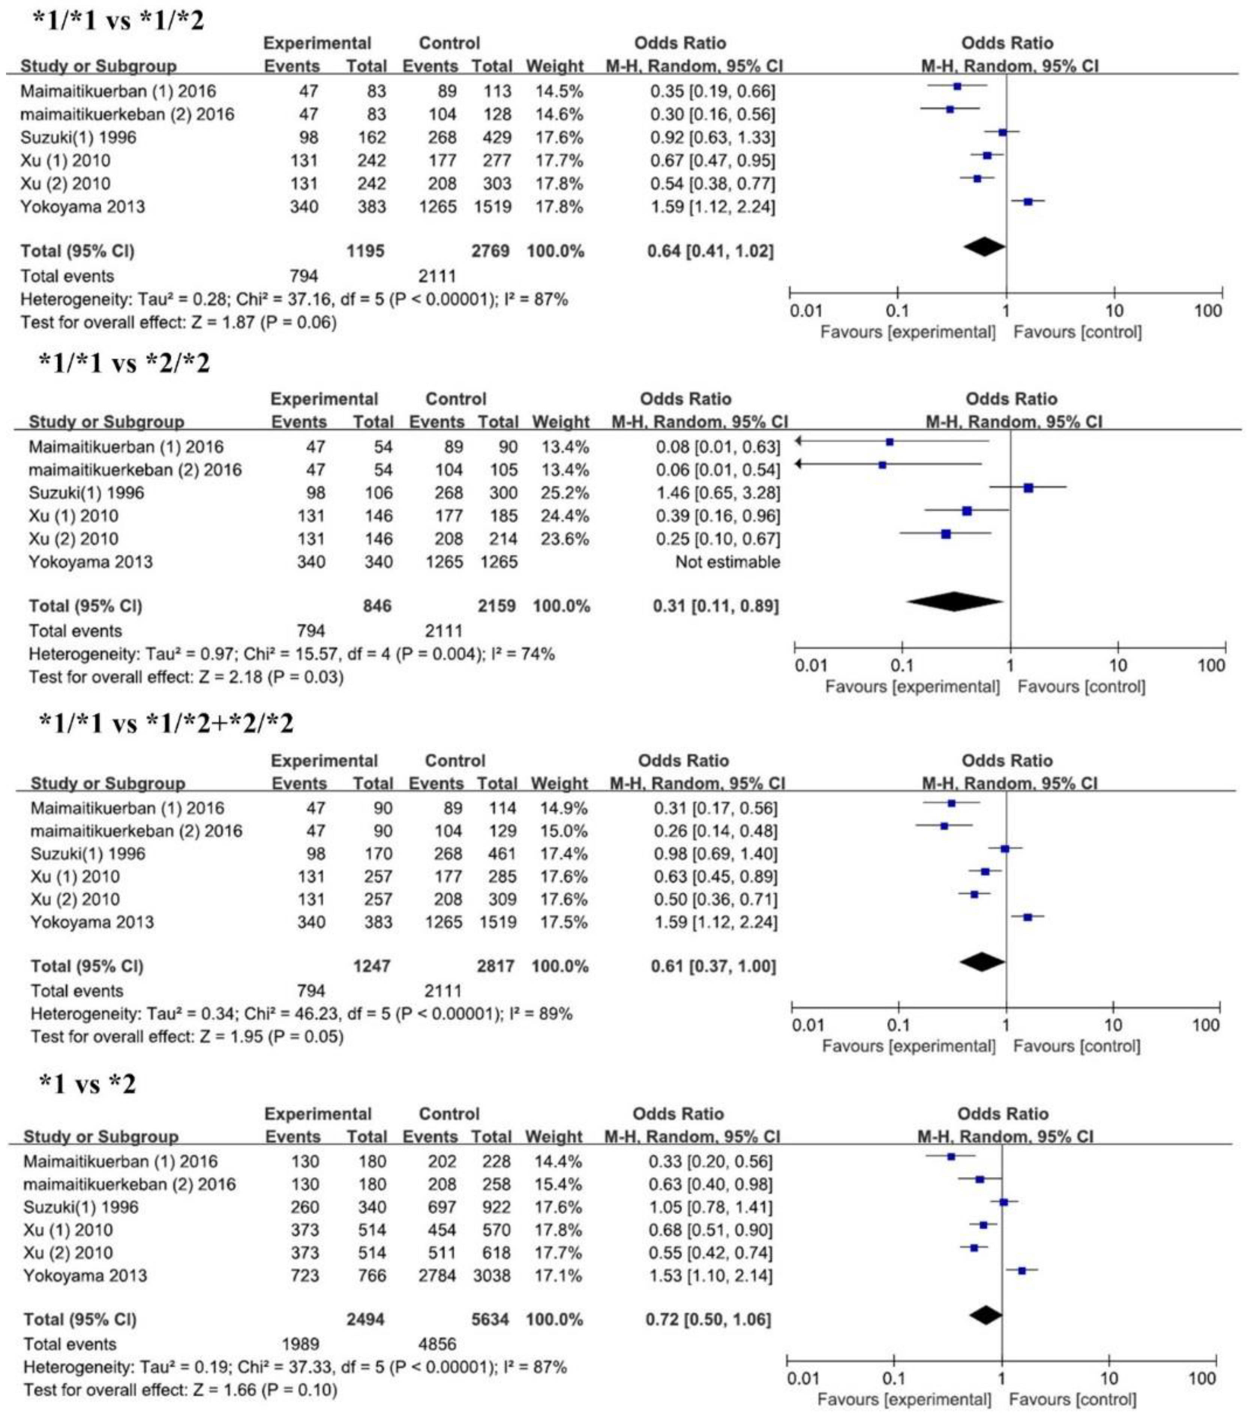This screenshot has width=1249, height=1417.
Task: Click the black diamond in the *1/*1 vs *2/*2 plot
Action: coord(954,602)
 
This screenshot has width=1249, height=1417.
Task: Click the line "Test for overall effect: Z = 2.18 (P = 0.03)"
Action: coord(186,676)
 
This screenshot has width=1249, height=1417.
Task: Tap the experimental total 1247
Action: coord(372,966)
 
